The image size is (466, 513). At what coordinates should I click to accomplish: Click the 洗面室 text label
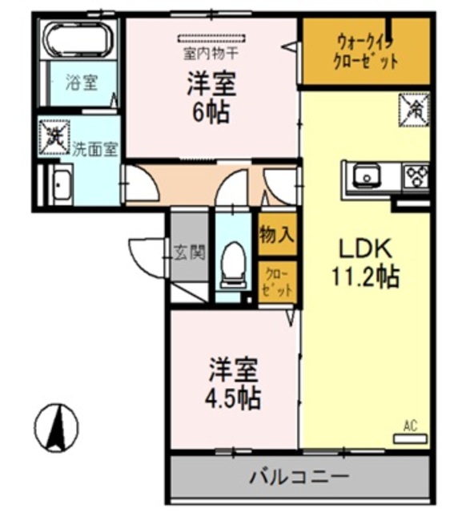[95, 148]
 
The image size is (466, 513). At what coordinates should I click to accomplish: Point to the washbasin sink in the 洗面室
[61, 187]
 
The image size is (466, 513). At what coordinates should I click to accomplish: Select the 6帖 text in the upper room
[211, 112]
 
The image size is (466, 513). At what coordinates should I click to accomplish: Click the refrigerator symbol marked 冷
[415, 107]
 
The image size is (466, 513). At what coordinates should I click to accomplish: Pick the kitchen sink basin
[368, 174]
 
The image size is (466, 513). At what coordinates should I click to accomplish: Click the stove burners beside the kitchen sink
[416, 175]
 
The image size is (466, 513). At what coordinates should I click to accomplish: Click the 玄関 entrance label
[189, 252]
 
